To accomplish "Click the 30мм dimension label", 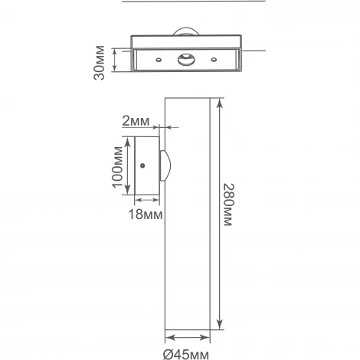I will (99, 61).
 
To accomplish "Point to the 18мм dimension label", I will (146, 214).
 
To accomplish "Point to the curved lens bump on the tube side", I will (165, 165).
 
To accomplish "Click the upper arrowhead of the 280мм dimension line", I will (220, 103).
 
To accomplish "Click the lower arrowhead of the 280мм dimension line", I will (220, 323).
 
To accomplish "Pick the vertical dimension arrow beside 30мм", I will (114, 61).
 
